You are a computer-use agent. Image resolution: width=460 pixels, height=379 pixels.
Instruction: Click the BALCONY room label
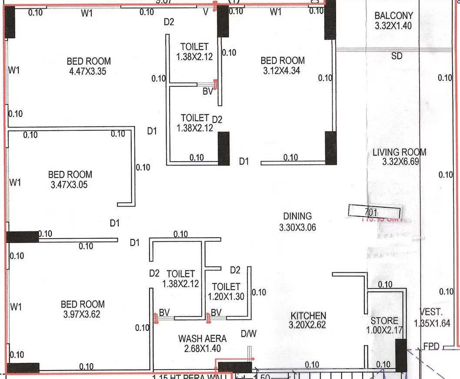[x=393, y=16]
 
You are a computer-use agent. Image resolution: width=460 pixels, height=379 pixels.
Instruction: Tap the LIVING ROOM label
[x=399, y=152]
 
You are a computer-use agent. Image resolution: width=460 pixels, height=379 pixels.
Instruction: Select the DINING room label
[x=297, y=216]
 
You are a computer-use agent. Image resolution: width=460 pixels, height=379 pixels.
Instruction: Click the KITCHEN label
[x=308, y=315]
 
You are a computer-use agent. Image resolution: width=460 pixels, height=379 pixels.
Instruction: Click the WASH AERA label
[x=202, y=338]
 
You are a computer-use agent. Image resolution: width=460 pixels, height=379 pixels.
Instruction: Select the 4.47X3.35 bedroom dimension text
[x=88, y=71]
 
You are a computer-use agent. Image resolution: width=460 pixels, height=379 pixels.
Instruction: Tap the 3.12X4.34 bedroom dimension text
[x=282, y=70]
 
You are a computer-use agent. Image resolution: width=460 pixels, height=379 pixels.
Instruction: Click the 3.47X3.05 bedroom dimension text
[x=69, y=184]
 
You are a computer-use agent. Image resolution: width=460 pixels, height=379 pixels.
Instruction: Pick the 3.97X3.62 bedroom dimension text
[x=82, y=314]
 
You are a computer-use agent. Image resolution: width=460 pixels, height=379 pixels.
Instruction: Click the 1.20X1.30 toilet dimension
[x=226, y=296]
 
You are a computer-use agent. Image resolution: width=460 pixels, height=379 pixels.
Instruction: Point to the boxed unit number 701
[x=371, y=213]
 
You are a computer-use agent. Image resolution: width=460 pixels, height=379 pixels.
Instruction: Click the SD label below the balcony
[x=397, y=56]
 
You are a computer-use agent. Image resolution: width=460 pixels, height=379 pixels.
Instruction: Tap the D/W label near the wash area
[x=249, y=334]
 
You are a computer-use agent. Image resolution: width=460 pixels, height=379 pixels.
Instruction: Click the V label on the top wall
[x=206, y=12]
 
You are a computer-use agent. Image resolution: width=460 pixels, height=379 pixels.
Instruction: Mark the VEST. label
[x=431, y=312]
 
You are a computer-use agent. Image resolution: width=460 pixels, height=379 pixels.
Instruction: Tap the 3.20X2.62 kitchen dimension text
[x=307, y=325]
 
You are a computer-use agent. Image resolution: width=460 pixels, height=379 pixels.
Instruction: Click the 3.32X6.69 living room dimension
[x=399, y=162]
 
